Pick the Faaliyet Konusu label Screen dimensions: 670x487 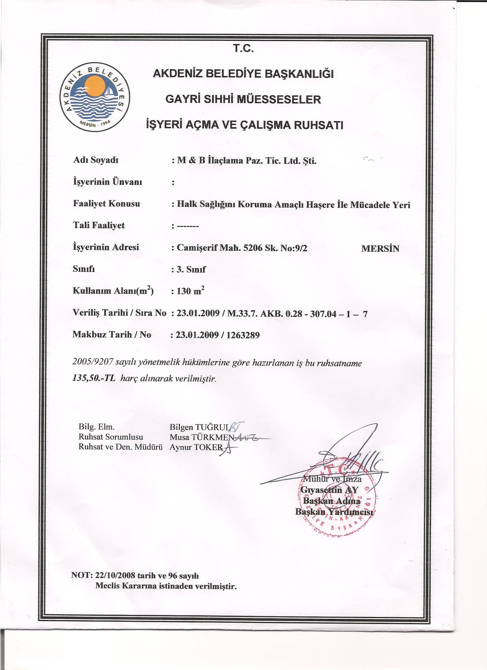pos(106,204)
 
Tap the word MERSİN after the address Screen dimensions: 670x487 pos(380,248)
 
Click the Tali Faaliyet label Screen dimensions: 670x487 pos(99,226)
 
